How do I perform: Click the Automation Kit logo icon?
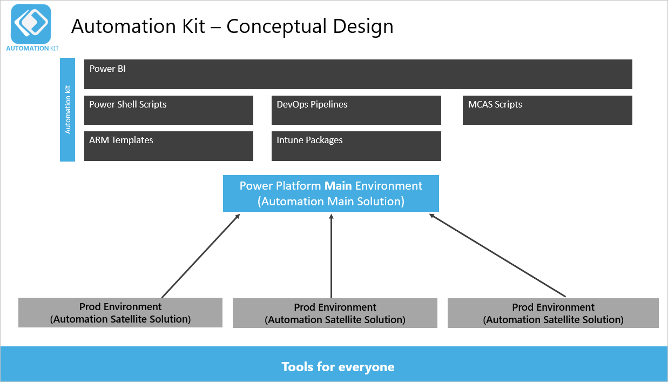(31, 23)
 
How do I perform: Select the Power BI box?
(358, 74)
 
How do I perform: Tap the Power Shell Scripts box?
(168, 110)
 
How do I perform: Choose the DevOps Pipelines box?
(356, 110)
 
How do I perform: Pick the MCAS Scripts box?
(547, 110)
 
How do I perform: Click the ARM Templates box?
(168, 146)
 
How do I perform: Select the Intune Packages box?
(356, 146)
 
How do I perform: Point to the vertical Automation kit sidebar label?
(68, 110)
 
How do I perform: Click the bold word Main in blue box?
(338, 186)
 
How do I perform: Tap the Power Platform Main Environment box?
(331, 193)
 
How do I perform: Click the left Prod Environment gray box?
(120, 312)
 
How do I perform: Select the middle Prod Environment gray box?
(335, 313)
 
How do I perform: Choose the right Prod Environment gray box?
(553, 313)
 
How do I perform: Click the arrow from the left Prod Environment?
(200, 256)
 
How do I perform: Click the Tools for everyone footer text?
(338, 367)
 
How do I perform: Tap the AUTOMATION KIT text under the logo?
(32, 48)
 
